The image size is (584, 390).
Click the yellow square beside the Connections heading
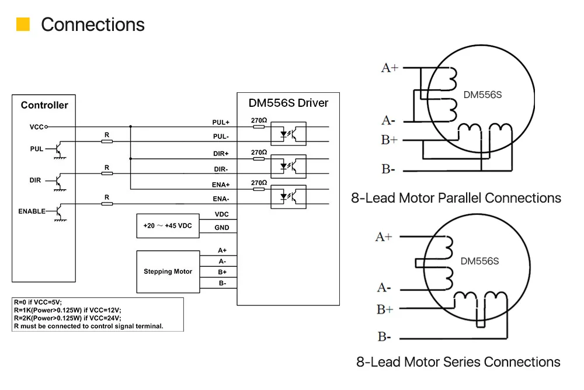click(23, 24)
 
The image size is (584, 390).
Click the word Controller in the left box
click(44, 105)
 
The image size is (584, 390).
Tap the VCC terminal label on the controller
click(36, 127)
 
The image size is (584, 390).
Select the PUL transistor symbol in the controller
click(59, 149)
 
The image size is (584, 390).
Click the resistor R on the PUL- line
click(107, 141)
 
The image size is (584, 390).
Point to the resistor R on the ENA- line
click(107, 204)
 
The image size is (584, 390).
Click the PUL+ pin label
click(221, 123)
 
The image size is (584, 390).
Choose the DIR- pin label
click(221, 169)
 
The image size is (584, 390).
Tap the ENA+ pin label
click(221, 184)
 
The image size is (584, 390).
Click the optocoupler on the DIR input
click(288, 166)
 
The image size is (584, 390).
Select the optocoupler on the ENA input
click(288, 197)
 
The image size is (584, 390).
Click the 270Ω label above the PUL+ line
click(259, 120)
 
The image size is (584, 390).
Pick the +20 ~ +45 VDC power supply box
click(168, 226)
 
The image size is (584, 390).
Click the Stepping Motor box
click(168, 271)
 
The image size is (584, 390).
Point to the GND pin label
click(221, 228)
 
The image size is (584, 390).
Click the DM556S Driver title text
click(288, 103)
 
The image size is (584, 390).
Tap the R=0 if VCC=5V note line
click(38, 302)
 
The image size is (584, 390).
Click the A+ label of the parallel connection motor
click(390, 68)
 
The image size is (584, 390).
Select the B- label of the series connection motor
click(384, 337)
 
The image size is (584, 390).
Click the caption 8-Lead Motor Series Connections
click(458, 362)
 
